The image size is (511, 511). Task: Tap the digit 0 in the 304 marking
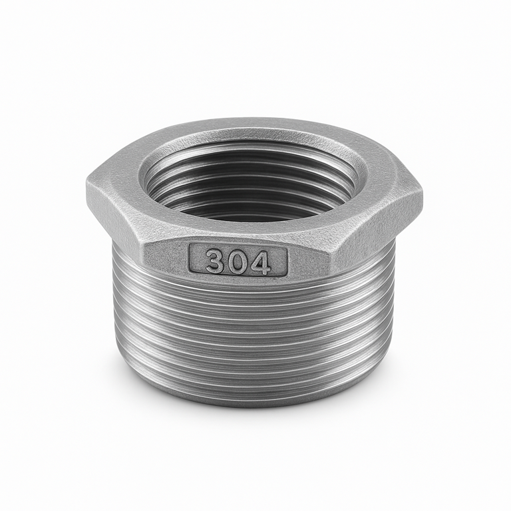point(238,261)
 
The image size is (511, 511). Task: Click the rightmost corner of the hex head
point(423,195)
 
